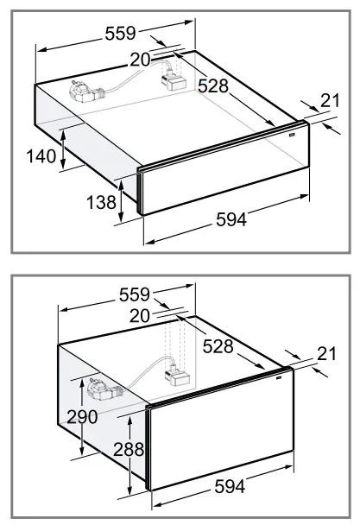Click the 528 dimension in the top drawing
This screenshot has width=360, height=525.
[212, 85]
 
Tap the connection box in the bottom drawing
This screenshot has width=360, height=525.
[178, 376]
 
